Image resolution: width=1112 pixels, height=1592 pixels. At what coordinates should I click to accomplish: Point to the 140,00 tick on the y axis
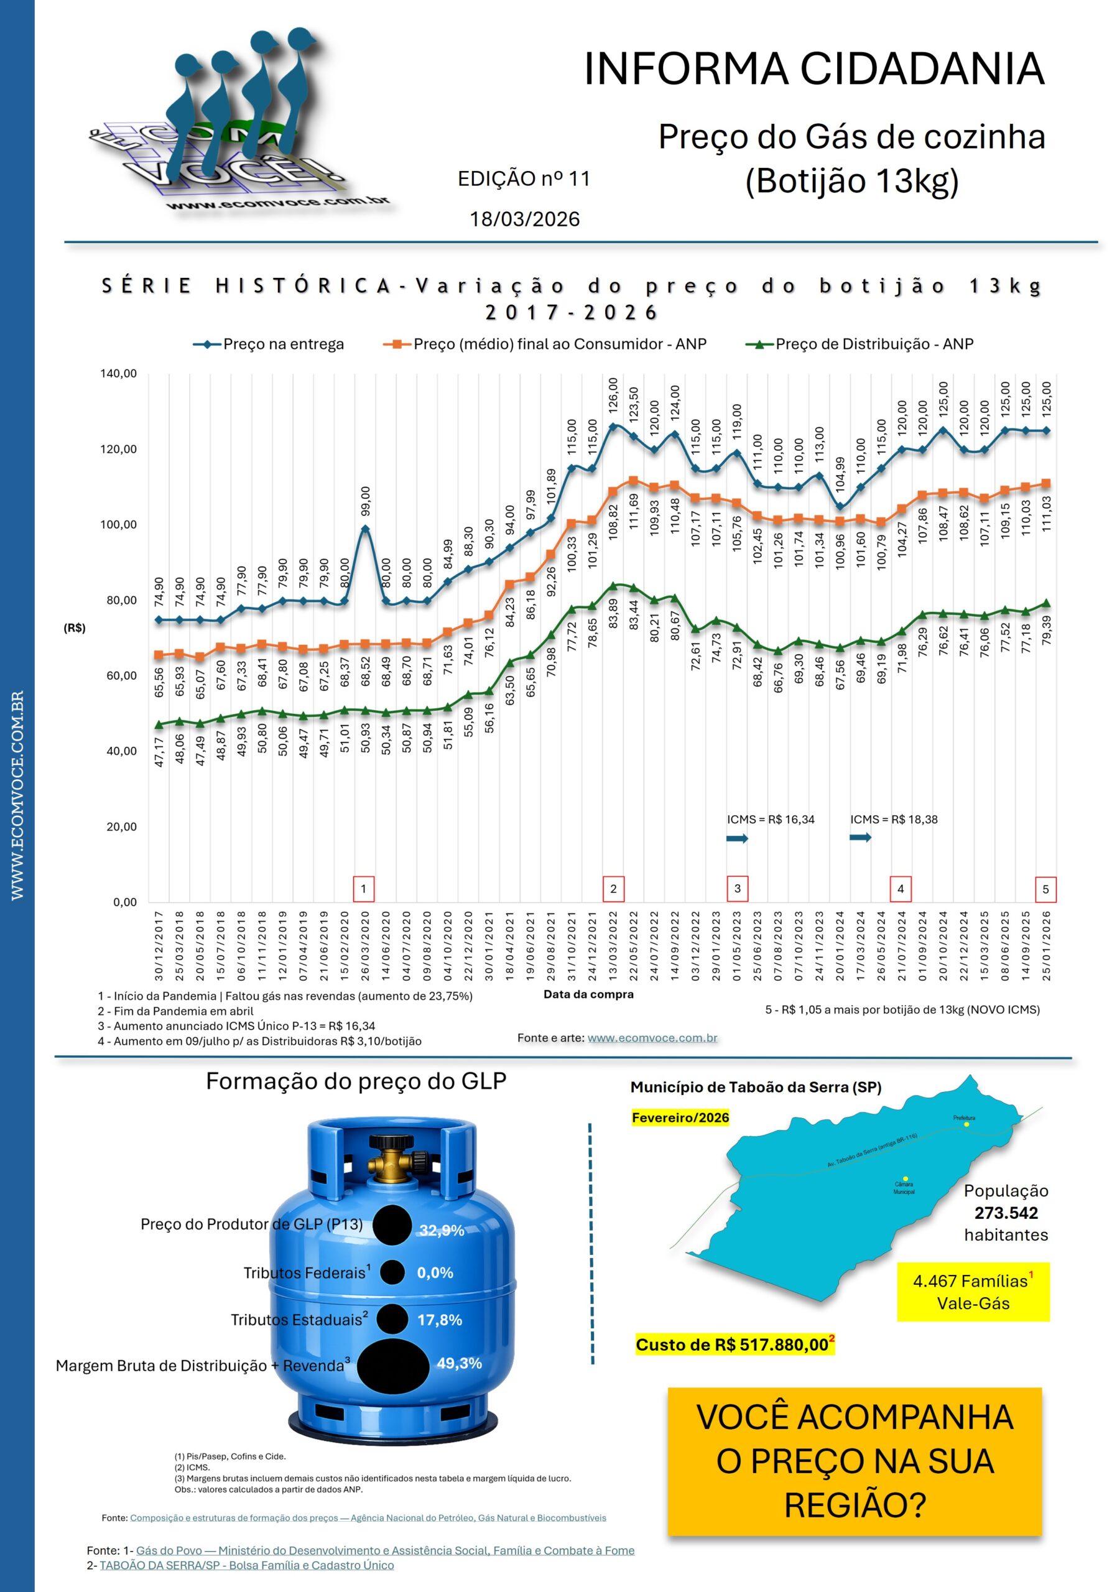(119, 374)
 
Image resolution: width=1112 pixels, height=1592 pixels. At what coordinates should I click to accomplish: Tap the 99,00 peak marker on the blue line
(365, 529)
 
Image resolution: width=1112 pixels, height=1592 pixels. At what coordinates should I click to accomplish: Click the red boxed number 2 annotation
(613, 889)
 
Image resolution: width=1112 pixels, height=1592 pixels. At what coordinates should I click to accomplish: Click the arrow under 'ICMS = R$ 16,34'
(737, 838)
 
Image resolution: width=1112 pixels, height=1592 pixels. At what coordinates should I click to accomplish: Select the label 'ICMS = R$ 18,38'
(894, 820)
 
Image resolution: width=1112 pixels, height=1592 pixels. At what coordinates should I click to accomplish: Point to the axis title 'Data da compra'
(588, 994)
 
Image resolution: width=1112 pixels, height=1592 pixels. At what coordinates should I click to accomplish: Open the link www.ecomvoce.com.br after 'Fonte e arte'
(652, 1038)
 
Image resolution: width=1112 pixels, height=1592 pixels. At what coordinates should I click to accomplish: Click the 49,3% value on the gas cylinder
(459, 1363)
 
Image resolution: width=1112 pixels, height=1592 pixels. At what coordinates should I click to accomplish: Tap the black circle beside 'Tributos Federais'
(392, 1272)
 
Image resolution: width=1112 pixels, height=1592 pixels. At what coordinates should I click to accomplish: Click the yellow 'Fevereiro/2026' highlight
(680, 1118)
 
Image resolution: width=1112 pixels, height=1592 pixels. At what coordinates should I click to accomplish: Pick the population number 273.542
(1005, 1213)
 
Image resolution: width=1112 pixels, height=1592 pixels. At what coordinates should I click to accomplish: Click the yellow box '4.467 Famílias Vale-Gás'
(973, 1292)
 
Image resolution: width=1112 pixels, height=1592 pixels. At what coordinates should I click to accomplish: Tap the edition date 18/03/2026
(524, 219)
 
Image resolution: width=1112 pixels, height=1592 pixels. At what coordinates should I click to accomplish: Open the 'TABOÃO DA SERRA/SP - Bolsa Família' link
(246, 1565)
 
